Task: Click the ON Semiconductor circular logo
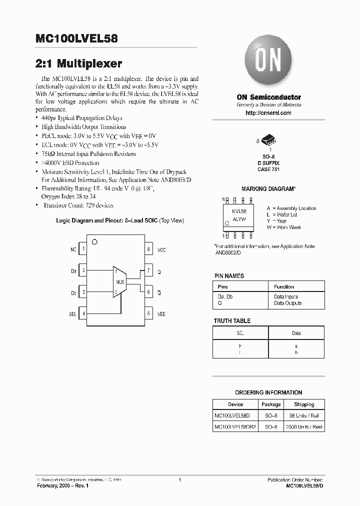click(x=268, y=61)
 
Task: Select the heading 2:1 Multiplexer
click(x=79, y=64)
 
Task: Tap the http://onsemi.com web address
click(x=268, y=113)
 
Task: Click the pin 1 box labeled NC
click(x=83, y=249)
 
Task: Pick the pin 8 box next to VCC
click(x=148, y=249)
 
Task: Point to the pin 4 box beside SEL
click(x=83, y=314)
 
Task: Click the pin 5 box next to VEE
click(x=148, y=314)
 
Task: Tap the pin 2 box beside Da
click(x=83, y=270)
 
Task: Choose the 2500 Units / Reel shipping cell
click(x=304, y=427)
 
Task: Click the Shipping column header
click(x=304, y=404)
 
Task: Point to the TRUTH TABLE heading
click(x=232, y=320)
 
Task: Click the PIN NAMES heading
click(x=229, y=275)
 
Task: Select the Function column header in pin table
click(x=284, y=287)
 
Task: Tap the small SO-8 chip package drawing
click(x=268, y=141)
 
